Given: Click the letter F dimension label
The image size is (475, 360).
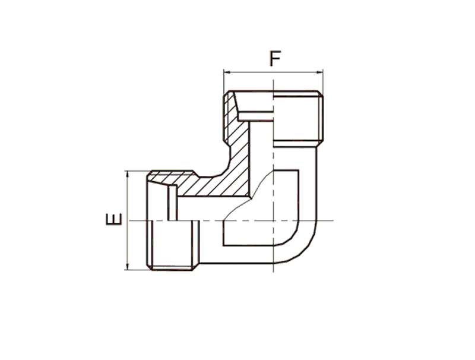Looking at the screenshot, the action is point(275,59).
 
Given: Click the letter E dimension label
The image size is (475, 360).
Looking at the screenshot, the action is point(113,219).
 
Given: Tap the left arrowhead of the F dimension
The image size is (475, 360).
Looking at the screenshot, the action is point(227,72).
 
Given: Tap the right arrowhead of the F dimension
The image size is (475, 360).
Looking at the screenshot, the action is point(319,72).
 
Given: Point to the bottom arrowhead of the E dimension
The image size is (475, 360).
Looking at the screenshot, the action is point(128,266).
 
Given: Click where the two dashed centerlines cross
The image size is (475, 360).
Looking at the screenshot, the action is point(274,220).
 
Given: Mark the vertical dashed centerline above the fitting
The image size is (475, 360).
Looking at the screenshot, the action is point(274,85).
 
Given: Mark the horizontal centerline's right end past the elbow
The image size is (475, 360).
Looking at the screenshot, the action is point(333,220).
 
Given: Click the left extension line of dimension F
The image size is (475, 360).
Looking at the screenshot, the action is point(224,82).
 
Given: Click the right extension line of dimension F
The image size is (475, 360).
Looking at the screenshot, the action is point(323,83).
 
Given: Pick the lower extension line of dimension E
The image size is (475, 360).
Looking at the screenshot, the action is point(137,270).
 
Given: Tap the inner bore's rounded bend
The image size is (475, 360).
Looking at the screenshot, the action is point(292,237).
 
